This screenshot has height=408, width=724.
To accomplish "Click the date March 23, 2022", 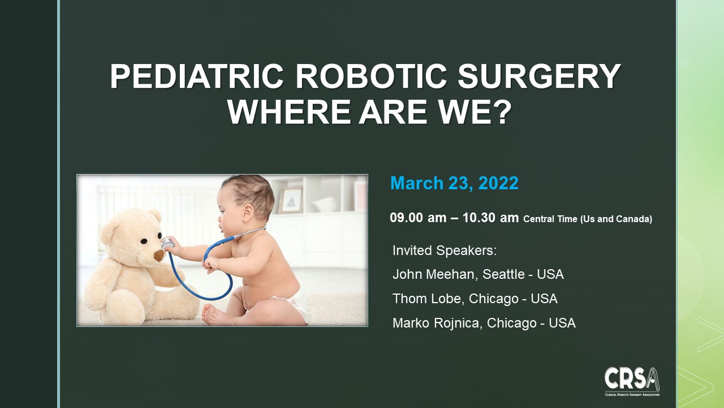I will [x=454, y=183].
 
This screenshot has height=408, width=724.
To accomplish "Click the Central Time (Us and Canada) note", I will [x=588, y=219].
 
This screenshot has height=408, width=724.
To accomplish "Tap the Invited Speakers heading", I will [x=444, y=250].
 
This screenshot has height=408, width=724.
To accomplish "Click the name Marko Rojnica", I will [x=436, y=323].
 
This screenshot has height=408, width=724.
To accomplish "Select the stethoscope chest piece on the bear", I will [x=167, y=244].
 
